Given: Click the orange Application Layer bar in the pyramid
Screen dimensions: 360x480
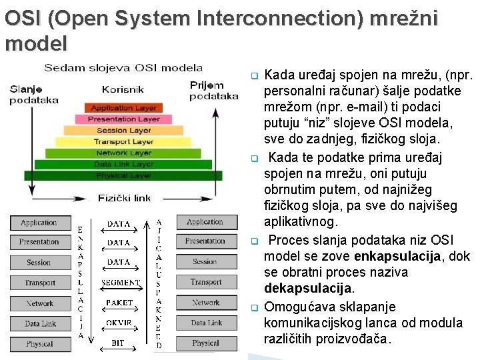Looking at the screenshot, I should tap(123, 108).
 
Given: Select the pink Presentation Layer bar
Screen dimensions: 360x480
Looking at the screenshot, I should tap(124, 119).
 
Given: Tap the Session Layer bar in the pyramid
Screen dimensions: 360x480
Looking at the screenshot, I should tap(124, 131).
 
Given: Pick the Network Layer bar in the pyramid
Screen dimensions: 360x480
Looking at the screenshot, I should tap(124, 153).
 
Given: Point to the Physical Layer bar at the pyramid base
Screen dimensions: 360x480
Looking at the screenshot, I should tap(124, 175).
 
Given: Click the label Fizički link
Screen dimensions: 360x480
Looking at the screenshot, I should tap(124, 198).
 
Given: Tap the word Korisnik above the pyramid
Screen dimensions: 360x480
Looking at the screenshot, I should tap(123, 89).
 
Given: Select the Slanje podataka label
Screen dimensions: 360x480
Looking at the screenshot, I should tap(34, 95).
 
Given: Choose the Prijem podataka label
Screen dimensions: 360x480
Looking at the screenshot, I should tap(213, 91).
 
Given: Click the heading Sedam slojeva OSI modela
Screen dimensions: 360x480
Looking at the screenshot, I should tap(123, 67).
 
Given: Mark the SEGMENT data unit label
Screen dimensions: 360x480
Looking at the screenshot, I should tap(120, 283).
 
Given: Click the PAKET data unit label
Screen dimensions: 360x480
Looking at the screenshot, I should tap(119, 303).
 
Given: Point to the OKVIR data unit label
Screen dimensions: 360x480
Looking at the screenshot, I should tap(119, 323).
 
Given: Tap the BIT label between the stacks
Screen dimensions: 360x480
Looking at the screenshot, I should tap(119, 343).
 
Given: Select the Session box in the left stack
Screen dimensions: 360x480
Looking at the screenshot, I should tap(39, 263).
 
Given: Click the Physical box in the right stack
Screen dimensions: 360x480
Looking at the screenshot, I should tap(205, 343).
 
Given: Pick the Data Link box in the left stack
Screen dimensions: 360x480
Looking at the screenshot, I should tap(40, 324).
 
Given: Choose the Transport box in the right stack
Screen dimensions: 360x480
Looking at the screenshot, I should tap(205, 283).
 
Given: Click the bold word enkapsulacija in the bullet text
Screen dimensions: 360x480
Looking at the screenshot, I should tap(393, 257).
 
